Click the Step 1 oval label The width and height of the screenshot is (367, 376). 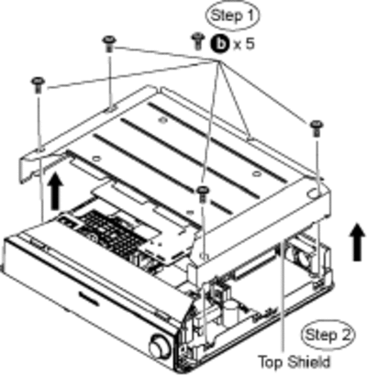[x=232, y=16]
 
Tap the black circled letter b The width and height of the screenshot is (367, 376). [x=219, y=44]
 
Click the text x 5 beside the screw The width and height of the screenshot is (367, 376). [x=244, y=45]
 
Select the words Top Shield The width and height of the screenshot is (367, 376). [x=295, y=362]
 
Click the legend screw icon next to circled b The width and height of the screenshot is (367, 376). [x=198, y=41]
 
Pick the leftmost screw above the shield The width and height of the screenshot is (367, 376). [x=39, y=84]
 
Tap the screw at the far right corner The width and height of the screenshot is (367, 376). [x=317, y=128]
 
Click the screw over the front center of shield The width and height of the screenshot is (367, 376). [x=202, y=194]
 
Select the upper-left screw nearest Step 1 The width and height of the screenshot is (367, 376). [x=109, y=43]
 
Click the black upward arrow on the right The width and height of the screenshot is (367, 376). [x=357, y=241]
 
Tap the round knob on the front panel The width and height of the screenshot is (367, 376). [x=160, y=348]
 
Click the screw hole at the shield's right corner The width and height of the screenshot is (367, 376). [x=313, y=194]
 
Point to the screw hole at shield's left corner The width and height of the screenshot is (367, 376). [x=39, y=149]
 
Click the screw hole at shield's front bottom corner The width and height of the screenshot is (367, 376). [x=205, y=256]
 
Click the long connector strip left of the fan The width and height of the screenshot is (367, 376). [x=256, y=263]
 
